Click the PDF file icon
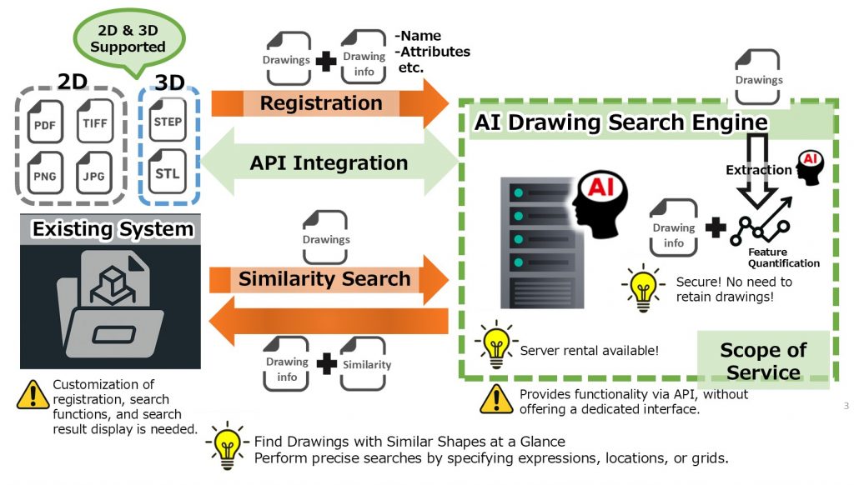tap(45, 122)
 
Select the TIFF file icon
tap(94, 120)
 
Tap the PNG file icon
tap(45, 172)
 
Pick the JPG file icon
tap(94, 172)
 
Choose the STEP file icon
tap(168, 119)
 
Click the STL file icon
tap(168, 171)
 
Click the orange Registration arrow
tap(329, 102)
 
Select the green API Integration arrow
tap(329, 162)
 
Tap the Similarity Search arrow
tap(329, 279)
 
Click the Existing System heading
tap(113, 229)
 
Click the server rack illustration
tap(542, 242)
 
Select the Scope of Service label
tap(763, 361)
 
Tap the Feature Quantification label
tap(783, 257)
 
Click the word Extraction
tap(759, 170)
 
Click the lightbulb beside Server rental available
tap(495, 344)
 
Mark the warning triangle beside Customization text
tap(33, 395)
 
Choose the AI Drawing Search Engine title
tap(620, 122)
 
